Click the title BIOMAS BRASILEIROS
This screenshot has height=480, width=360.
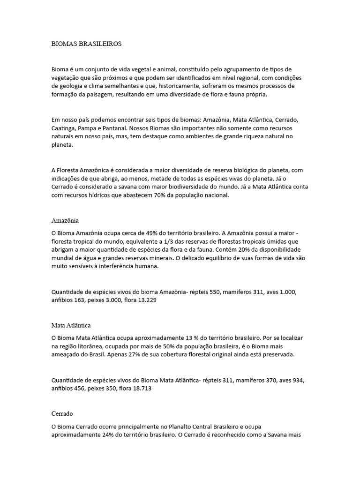86,44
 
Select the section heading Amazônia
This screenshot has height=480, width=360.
65,220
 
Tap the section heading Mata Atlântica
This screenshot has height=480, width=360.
71,325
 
